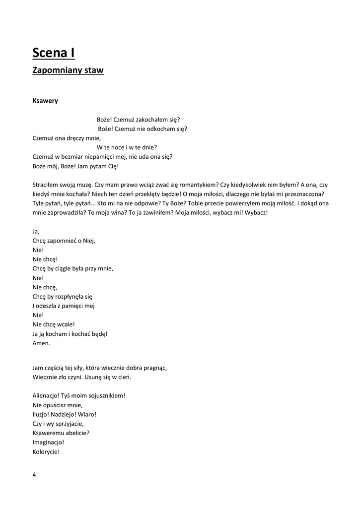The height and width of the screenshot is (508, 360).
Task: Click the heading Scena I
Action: coord(54,52)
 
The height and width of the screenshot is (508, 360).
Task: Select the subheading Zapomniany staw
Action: coord(68,70)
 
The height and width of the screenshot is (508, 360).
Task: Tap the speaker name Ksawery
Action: coord(45,101)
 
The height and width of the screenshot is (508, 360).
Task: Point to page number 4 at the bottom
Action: coord(34,475)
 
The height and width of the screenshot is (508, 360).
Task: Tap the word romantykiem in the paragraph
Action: coord(184,185)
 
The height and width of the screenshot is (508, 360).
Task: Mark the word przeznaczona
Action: coord(305,194)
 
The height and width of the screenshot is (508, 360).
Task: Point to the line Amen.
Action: coord(41,343)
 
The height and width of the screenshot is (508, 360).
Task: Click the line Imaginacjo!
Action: coord(48,442)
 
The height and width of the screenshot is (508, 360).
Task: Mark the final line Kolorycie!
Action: coord(46,451)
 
